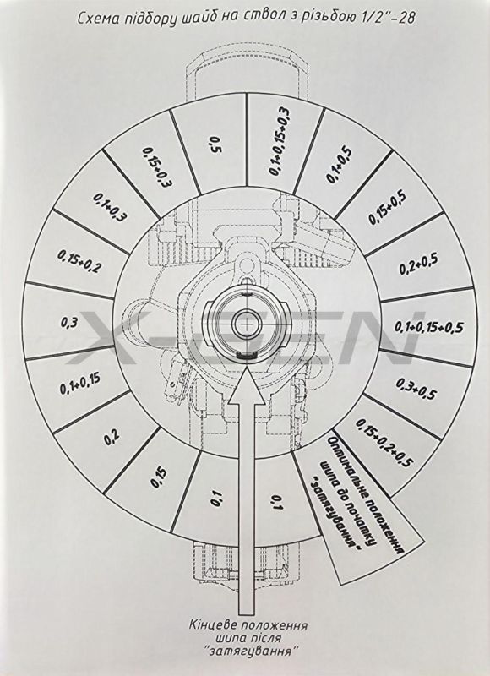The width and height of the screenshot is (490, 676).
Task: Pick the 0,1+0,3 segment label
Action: coord(110,207)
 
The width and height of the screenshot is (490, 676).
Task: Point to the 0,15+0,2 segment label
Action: coord(80,261)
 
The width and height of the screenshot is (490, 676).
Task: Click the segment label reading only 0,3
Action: coord(69,323)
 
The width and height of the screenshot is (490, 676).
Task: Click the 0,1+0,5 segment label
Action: coord(339,166)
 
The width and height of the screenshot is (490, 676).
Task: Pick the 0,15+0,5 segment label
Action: coord(388,207)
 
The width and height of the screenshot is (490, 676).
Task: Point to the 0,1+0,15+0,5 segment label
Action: coord(429,327)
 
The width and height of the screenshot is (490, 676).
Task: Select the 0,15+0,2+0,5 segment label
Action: coord(384,443)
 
